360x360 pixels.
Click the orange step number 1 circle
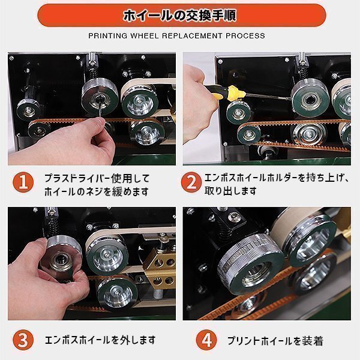point(23,182)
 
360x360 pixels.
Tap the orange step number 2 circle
point(191,182)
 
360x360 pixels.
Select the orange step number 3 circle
point(23,340)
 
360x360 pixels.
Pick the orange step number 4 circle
point(206,340)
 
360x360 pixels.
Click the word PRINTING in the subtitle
point(107,36)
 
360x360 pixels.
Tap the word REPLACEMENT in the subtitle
point(192,36)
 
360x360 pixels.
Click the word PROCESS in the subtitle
point(245,36)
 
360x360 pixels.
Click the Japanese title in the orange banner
point(180,16)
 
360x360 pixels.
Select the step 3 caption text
point(100,340)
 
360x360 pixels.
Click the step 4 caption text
point(275,341)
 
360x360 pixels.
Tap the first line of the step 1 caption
point(97,178)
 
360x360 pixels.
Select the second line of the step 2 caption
point(230,191)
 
